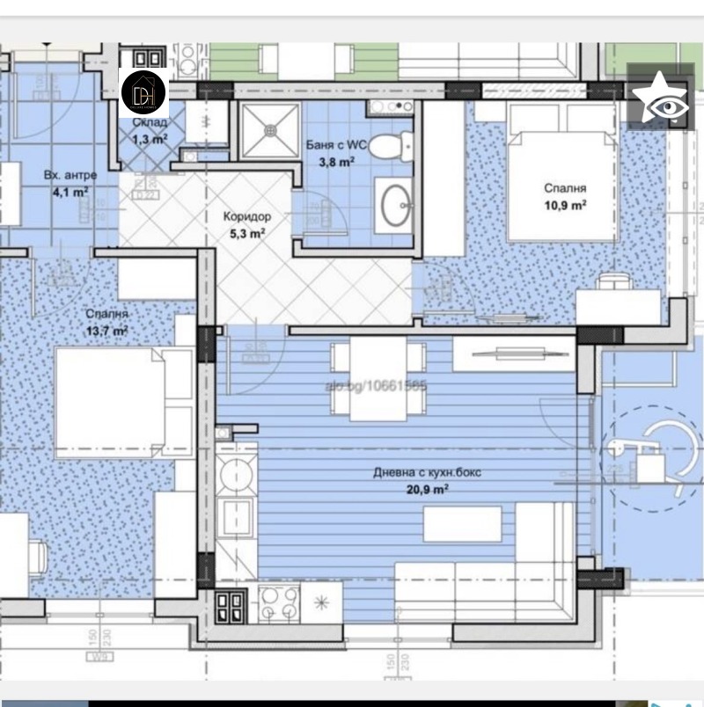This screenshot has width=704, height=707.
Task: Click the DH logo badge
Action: point(143,91)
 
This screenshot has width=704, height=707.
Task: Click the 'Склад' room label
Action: point(150,123)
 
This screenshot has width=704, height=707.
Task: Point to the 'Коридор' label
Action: point(246,216)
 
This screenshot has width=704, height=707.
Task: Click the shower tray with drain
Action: point(270,132)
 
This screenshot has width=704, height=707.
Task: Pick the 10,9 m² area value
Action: point(565,205)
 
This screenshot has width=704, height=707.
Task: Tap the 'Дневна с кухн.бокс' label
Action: point(427,472)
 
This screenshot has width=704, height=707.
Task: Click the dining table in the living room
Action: point(378,378)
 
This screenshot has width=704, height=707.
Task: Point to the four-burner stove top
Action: point(278,604)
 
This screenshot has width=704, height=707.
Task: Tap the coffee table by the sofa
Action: point(462,525)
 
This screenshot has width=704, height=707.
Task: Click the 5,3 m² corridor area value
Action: point(246,233)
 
